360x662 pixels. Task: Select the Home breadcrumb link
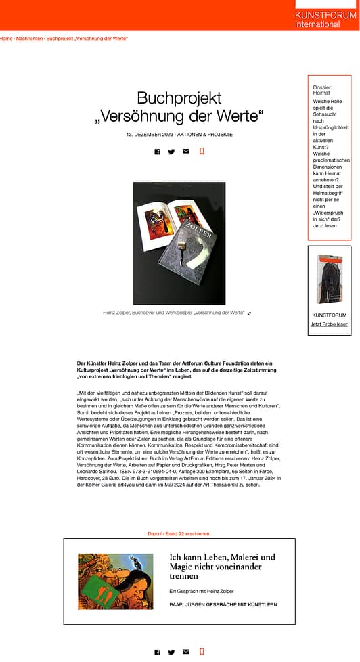(x=5, y=39)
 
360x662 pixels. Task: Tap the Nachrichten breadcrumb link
(x=29, y=39)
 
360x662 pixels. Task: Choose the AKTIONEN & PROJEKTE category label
(x=205, y=135)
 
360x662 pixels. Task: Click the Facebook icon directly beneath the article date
(x=158, y=152)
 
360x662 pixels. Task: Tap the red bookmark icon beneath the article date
(x=202, y=152)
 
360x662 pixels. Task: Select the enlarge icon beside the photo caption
(x=250, y=313)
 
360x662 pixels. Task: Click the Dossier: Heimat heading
(x=322, y=90)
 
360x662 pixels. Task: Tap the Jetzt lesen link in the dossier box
(x=324, y=226)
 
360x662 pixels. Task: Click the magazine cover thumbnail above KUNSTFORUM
(x=330, y=279)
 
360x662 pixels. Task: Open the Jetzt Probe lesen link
(x=330, y=324)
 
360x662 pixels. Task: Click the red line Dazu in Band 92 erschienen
(x=179, y=534)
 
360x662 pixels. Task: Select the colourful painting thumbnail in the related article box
(x=116, y=581)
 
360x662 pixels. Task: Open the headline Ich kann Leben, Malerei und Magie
(x=222, y=567)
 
